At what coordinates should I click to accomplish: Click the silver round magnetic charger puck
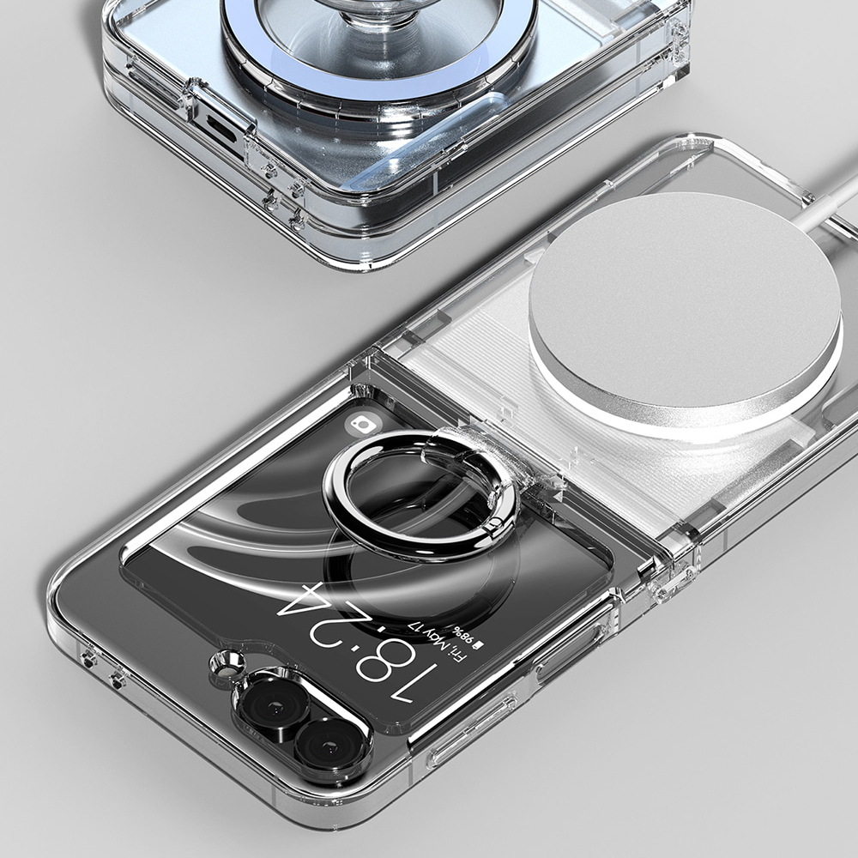685,305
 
